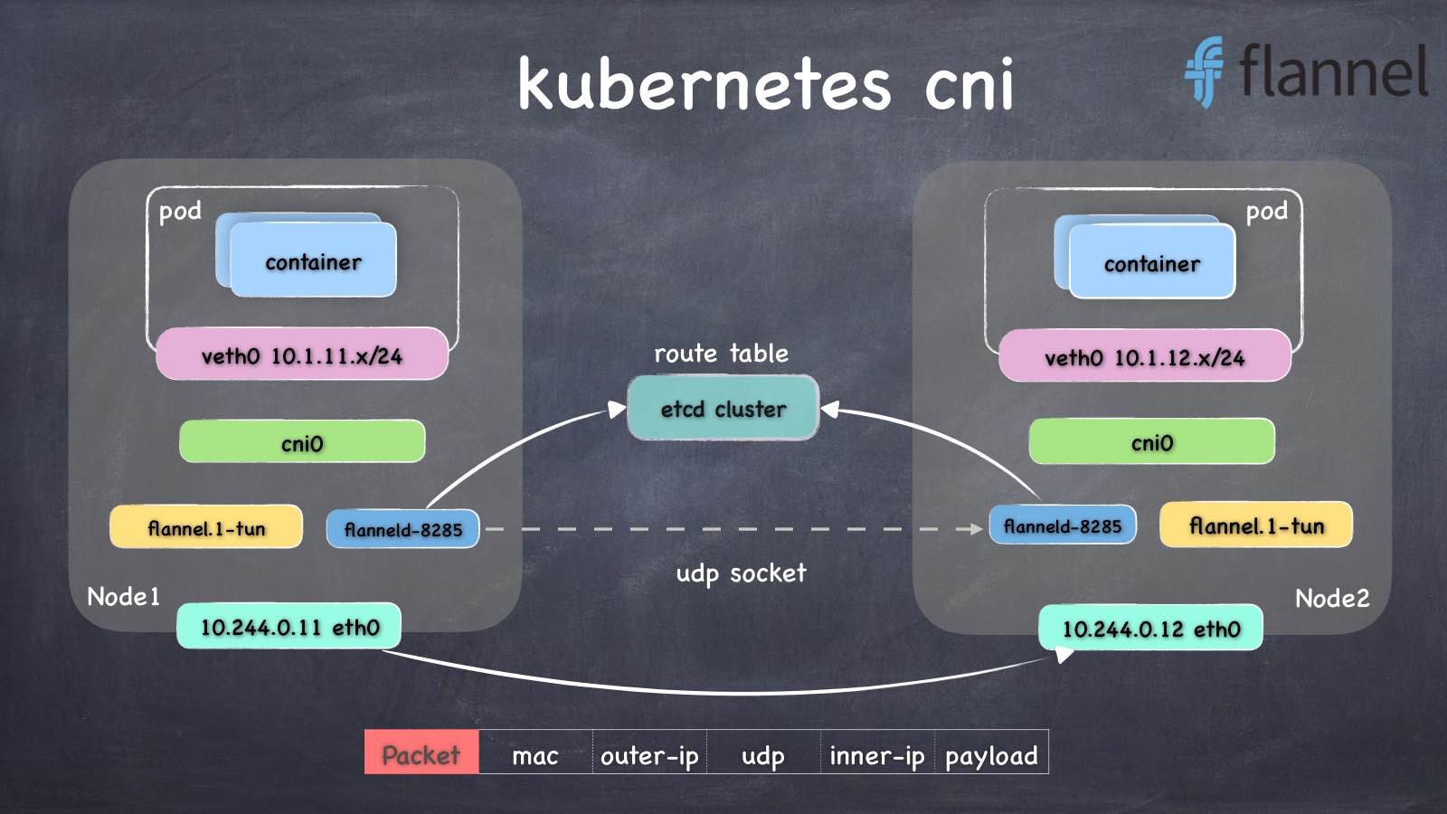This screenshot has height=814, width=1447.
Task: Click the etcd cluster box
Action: click(x=723, y=409)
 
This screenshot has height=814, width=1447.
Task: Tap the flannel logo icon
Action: click(x=1204, y=71)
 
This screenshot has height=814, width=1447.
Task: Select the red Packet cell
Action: click(x=421, y=752)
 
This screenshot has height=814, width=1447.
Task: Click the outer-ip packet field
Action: click(x=649, y=755)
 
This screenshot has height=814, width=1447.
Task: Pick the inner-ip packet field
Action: click(x=876, y=755)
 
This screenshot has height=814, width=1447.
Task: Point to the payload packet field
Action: click(x=991, y=755)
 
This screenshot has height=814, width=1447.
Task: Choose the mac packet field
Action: click(x=535, y=755)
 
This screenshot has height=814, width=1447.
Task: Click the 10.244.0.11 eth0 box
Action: click(x=289, y=626)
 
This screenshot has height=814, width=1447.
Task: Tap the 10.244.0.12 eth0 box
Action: click(x=1150, y=628)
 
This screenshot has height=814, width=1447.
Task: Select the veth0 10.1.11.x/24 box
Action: click(x=302, y=355)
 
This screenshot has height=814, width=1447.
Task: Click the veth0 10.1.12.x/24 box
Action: click(x=1145, y=356)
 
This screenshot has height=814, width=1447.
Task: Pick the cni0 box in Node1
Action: click(x=302, y=442)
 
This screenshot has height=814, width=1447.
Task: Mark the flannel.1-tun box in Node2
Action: click(x=1256, y=525)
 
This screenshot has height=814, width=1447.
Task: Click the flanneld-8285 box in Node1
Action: click(x=403, y=529)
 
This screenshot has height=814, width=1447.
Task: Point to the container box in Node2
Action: click(x=1151, y=263)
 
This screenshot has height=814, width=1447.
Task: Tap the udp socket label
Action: click(x=741, y=573)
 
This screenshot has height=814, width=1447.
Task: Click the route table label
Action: click(x=721, y=353)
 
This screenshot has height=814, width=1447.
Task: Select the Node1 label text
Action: click(x=123, y=597)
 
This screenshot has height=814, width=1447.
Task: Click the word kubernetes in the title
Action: click(x=704, y=84)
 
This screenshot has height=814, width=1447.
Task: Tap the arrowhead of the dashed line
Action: click(x=977, y=529)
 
